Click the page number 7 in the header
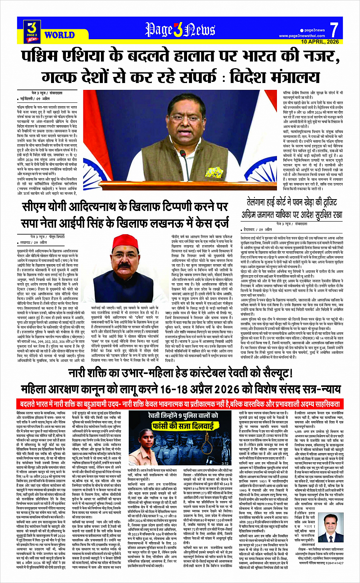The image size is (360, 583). pyautogui.click(x=334, y=30)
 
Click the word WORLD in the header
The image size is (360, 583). pyautogui.click(x=59, y=35)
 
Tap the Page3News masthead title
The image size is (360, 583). pyautogui.click(x=181, y=30)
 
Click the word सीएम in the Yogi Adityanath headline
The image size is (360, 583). pyautogui.click(x=34, y=208)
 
